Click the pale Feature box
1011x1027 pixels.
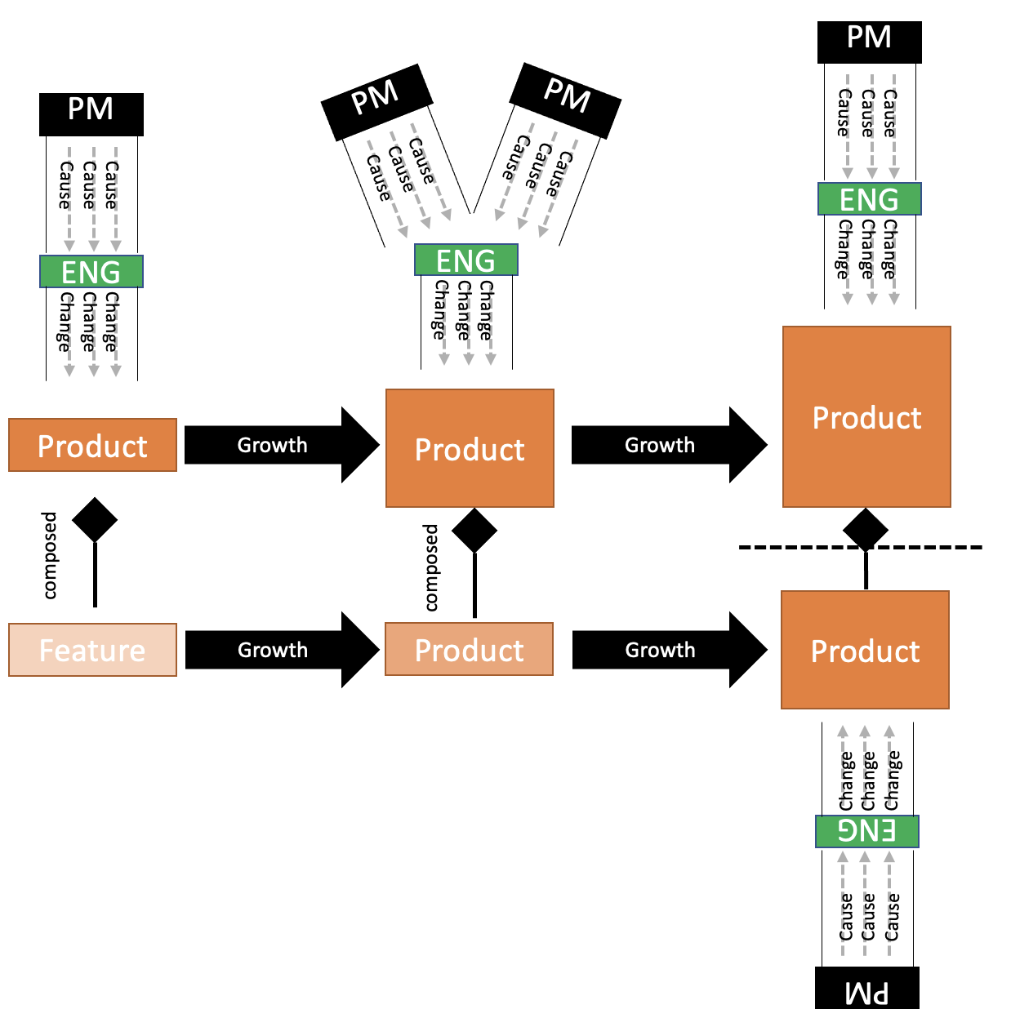click(x=92, y=650)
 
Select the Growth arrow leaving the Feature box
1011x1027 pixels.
click(x=274, y=650)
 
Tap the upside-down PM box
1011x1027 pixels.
click(x=866, y=989)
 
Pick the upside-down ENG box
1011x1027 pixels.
click(x=866, y=831)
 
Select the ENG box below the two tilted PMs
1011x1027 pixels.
click(x=465, y=260)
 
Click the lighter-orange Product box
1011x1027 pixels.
click(x=469, y=650)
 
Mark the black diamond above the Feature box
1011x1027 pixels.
click(x=95, y=520)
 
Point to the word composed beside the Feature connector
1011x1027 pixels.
click(x=50, y=556)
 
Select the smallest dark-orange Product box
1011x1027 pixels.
click(x=92, y=445)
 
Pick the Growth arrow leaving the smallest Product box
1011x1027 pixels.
click(x=274, y=445)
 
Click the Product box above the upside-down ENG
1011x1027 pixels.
click(x=865, y=650)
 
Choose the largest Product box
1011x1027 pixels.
click(x=866, y=417)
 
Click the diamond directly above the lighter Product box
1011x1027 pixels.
click(x=474, y=531)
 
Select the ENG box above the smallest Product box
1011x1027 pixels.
click(x=91, y=272)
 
